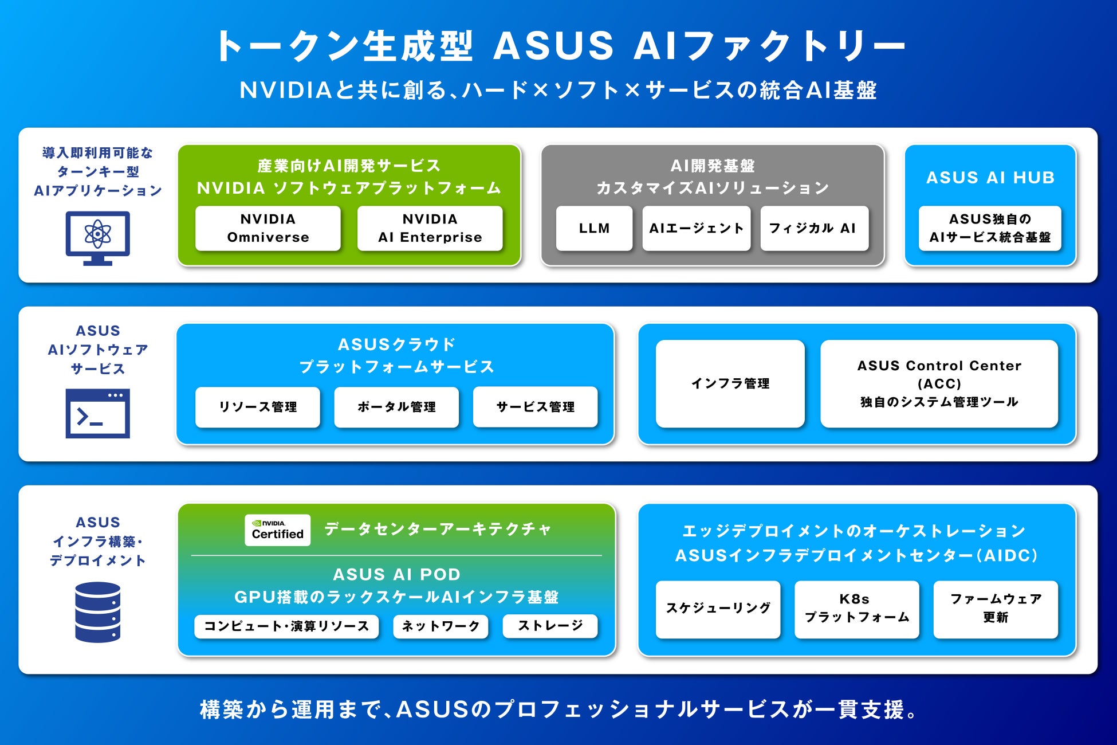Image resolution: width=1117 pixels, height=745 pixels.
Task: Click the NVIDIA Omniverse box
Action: (268, 228)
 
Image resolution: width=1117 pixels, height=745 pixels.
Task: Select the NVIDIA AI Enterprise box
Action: (430, 228)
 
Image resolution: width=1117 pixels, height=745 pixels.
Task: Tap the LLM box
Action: (594, 228)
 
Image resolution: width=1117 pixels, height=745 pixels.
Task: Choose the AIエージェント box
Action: (696, 228)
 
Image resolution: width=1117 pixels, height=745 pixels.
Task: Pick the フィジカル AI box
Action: (814, 228)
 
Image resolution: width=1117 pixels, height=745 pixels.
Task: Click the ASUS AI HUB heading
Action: (990, 178)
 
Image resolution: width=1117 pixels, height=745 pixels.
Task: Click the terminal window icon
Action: (98, 413)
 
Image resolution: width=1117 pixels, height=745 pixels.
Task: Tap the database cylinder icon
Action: (98, 611)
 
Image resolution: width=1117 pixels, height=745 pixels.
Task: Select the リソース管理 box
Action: (258, 407)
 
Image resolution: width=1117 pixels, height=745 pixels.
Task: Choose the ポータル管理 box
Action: (396, 407)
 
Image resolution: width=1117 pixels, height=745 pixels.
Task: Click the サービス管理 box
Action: (535, 407)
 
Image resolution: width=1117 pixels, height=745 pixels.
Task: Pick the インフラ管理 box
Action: (730, 383)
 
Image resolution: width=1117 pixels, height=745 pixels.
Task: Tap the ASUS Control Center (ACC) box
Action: (939, 383)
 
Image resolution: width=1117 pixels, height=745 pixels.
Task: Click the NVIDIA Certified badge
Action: (278, 530)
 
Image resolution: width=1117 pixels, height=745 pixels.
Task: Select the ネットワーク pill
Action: (440, 626)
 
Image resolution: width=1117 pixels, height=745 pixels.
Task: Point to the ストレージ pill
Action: (550, 625)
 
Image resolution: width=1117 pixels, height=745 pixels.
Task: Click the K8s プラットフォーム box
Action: (856, 609)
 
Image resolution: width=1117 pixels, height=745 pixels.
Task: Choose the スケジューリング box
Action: (718, 609)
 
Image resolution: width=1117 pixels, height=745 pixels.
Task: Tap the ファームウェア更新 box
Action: (996, 609)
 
